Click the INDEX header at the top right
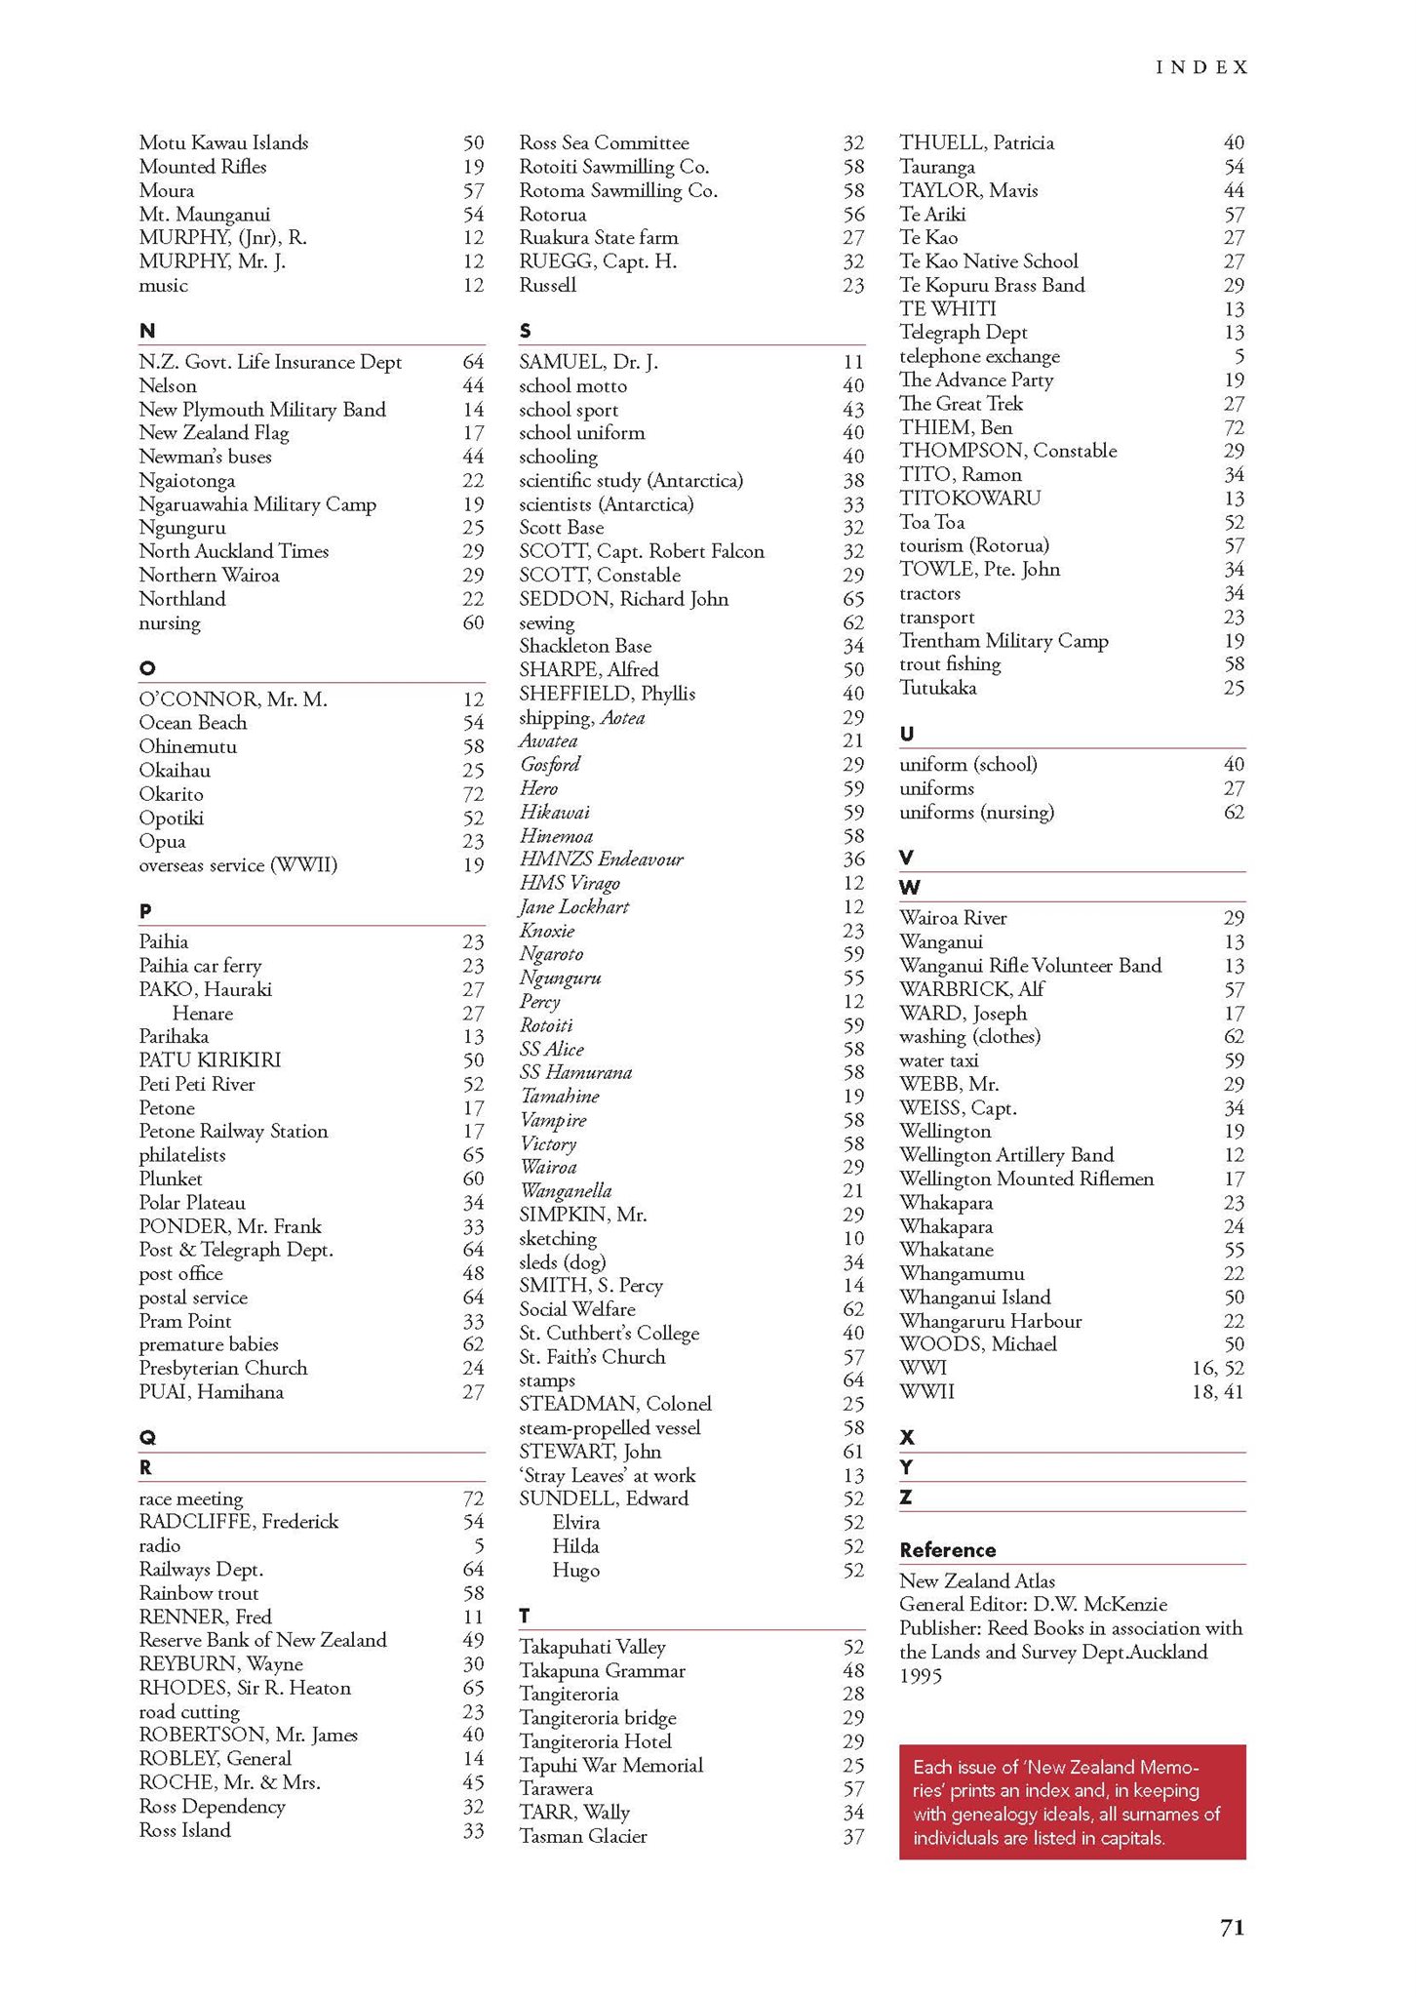pos(1200,67)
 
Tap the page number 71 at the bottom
pos(1232,1927)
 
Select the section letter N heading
pos(147,331)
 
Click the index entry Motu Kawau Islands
pos(223,142)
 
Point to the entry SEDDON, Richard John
pos(623,599)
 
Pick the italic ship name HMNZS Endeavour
pos(601,859)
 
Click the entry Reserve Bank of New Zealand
pos(262,1640)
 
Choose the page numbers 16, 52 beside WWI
pos(1217,1368)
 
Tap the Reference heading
pos(947,1550)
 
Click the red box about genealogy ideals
pos(1072,1802)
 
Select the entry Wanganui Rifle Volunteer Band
pos(1030,966)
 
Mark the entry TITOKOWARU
pos(969,498)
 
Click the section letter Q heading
pos(147,1437)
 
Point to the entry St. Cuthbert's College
pos(609,1333)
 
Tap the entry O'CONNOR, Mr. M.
pos(233,699)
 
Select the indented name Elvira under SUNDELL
pos(575,1523)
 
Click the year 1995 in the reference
pos(921,1676)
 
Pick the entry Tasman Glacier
pos(582,1836)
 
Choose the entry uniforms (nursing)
pos(976,812)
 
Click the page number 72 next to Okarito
pos(473,794)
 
